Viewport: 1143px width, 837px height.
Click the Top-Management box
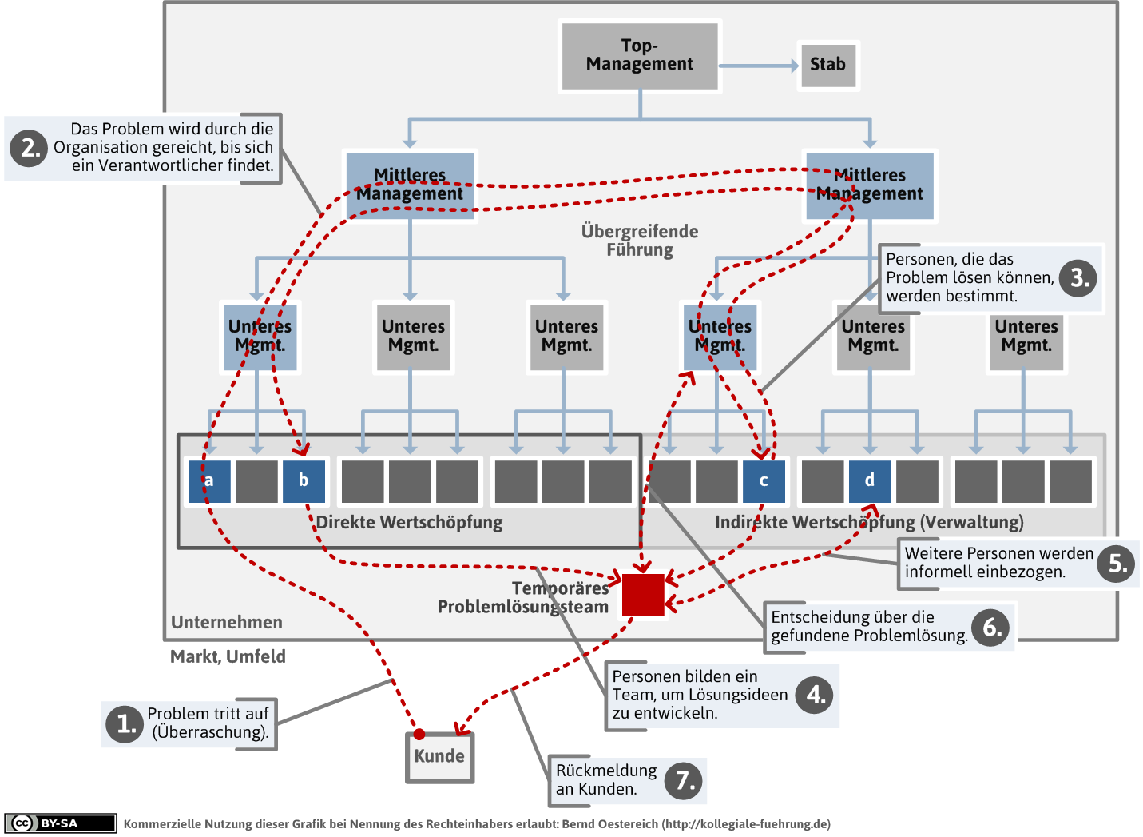[640, 55]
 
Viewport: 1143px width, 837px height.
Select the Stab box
[827, 65]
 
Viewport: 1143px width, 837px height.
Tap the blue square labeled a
[209, 481]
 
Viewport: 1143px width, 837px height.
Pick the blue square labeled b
[304, 481]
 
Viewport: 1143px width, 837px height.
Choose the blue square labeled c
[764, 481]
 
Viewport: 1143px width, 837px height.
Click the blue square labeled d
[870, 481]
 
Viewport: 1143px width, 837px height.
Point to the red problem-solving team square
[643, 595]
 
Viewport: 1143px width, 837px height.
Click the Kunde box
[439, 757]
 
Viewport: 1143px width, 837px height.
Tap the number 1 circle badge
[125, 723]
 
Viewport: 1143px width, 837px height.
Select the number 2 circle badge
[30, 148]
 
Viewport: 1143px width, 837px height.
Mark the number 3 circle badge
[1078, 278]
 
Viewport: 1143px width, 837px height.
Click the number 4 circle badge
[816, 695]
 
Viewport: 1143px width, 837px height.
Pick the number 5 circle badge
[1117, 564]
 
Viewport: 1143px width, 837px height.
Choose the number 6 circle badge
[991, 628]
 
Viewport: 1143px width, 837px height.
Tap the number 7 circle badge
[685, 780]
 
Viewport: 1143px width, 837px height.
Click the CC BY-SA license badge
[61, 823]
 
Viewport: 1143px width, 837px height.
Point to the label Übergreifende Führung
[640, 241]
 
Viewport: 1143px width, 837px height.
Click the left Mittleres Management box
[411, 185]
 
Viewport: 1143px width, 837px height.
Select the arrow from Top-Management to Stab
[758, 66]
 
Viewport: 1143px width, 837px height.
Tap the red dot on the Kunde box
[419, 734]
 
